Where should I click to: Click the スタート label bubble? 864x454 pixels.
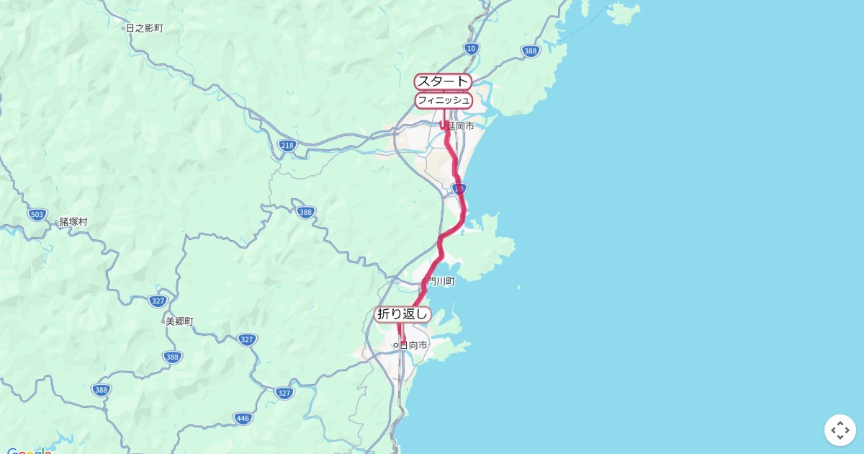click(442, 81)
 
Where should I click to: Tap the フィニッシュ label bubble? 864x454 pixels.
click(443, 100)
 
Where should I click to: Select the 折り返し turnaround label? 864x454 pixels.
click(402, 314)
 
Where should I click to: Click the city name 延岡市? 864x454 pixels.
click(461, 126)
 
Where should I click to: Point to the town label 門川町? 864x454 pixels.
click(441, 282)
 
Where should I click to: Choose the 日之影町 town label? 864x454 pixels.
click(145, 28)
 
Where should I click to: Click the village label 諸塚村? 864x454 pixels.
click(73, 222)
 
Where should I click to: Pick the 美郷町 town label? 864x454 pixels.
click(180, 321)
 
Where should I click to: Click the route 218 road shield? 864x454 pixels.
click(287, 146)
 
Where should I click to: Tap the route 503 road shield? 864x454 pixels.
click(38, 215)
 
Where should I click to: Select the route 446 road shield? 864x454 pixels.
click(243, 418)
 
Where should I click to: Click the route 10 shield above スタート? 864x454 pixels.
click(471, 48)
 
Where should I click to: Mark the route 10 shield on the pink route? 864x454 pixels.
click(459, 189)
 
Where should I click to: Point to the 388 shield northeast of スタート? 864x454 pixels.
click(531, 51)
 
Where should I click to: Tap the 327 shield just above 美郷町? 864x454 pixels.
click(158, 301)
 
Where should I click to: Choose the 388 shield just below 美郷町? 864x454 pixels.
click(172, 357)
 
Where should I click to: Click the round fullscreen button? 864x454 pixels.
click(840, 430)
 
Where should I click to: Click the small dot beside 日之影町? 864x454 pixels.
click(123, 28)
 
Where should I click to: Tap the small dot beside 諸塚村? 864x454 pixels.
click(57, 223)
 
